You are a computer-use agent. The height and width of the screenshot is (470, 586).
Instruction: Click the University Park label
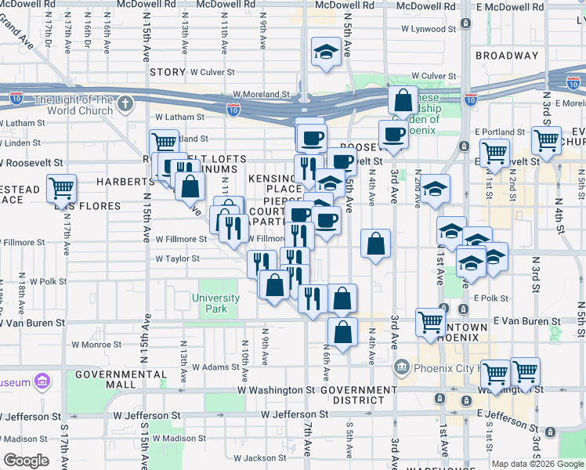click(215, 303)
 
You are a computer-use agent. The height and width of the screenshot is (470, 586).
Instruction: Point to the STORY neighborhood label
click(168, 72)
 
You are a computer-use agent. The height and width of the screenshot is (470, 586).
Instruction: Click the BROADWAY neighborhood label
click(507, 56)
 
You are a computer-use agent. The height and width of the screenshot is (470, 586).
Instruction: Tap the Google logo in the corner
click(26, 461)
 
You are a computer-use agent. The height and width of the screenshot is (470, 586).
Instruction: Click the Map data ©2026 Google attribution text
click(537, 464)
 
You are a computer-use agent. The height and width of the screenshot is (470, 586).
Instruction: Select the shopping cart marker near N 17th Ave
click(61, 188)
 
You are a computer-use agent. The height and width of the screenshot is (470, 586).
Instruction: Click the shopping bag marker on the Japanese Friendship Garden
click(403, 101)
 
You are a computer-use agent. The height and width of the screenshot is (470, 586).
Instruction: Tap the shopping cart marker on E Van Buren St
click(430, 321)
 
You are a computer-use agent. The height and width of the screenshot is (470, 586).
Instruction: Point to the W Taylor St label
click(177, 258)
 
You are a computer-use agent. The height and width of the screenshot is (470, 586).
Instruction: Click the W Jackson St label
click(256, 457)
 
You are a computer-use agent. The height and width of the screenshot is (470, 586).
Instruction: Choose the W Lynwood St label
click(428, 29)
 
